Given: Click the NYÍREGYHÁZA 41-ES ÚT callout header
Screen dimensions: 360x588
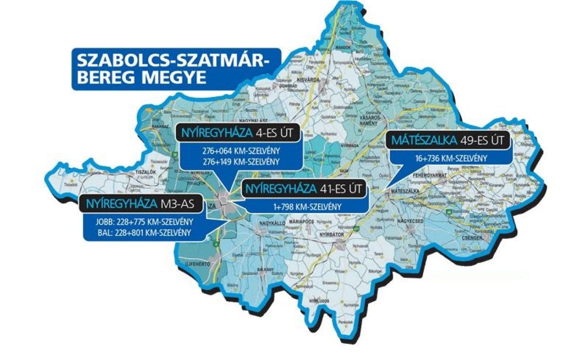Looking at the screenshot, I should (305, 189).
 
